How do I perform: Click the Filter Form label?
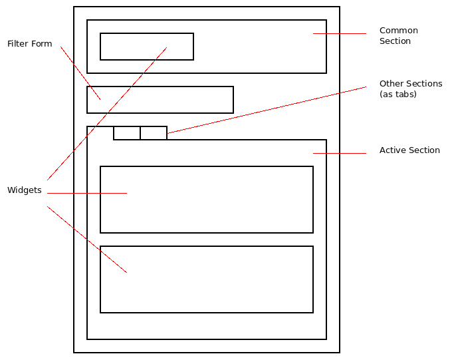[29, 44]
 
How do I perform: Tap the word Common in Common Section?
[398, 31]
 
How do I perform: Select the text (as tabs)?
[397, 94]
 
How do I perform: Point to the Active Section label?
[409, 150]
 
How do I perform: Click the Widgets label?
[24, 190]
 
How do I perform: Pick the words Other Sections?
[410, 84]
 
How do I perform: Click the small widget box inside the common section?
[147, 47]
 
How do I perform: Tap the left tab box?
[127, 133]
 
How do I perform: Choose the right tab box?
[154, 133]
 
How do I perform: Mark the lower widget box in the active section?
[207, 279]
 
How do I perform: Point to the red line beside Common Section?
[340, 33]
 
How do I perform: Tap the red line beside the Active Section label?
[340, 153]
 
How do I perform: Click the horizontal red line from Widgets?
[87, 193]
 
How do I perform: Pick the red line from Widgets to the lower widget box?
[87, 240]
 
